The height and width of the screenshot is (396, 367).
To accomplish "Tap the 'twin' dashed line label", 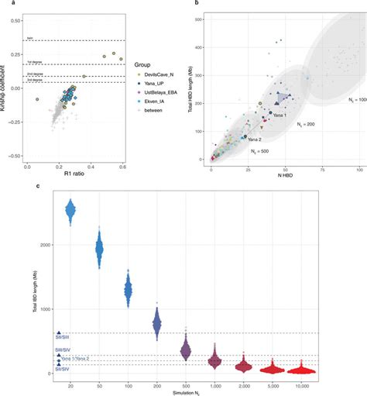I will [29, 37].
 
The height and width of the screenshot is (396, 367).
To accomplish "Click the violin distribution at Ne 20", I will [70, 209].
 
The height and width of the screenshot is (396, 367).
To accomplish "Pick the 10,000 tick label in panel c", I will [331, 384].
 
